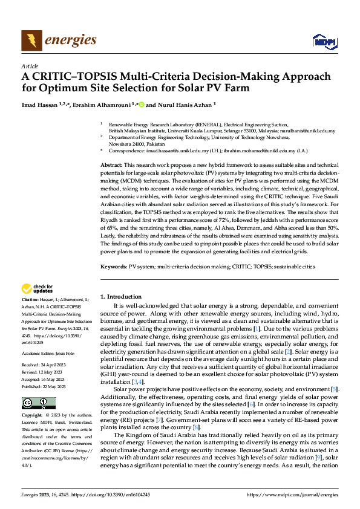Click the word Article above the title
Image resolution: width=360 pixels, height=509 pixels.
tap(29, 65)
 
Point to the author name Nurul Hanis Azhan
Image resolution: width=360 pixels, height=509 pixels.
tap(182, 104)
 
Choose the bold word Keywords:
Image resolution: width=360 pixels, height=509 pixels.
tap(113, 266)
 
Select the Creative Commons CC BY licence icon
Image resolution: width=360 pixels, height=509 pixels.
tap(38, 403)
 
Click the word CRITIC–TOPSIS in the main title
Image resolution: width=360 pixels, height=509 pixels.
tap(76, 77)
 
